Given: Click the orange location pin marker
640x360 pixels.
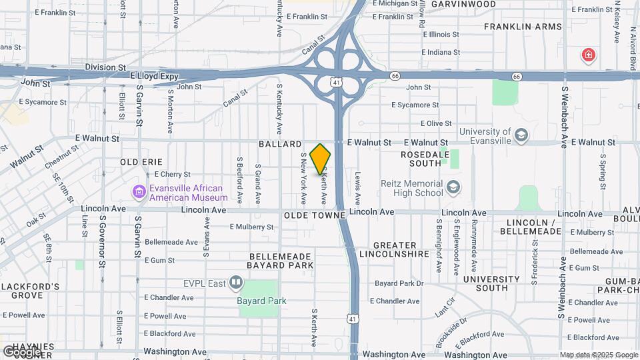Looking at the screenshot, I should coord(321,159).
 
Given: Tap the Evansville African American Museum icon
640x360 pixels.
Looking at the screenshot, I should coord(139,193).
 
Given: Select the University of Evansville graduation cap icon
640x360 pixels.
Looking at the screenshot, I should coord(521,136).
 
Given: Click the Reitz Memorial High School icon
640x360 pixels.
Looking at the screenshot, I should coord(454,188).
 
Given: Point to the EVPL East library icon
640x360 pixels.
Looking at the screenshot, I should coord(235,283).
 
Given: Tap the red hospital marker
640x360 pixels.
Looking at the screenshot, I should coord(588,55).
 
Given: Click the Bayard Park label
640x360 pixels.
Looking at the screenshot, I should coord(261,301).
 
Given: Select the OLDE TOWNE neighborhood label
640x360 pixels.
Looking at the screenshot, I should coord(314,216).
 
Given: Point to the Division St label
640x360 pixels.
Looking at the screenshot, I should coord(105,67).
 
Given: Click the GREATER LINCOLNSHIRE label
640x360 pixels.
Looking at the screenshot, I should coord(393,249).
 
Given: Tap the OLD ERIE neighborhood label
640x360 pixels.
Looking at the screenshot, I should coord(141,162).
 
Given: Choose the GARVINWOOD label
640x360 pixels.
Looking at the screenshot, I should coord(463,4).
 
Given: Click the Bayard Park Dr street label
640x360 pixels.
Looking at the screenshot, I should coord(399,283).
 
